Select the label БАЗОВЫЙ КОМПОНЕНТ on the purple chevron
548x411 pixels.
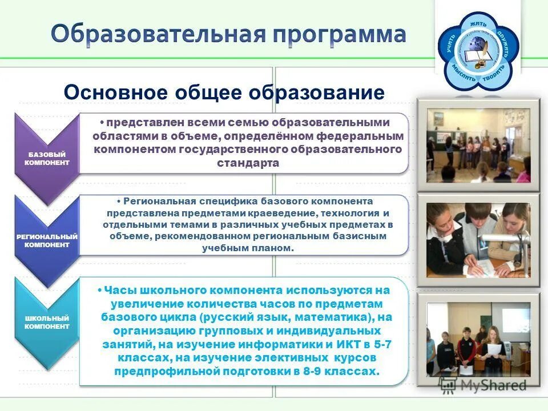click(x=47, y=159)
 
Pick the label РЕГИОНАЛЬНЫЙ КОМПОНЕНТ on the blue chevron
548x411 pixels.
click(x=47, y=240)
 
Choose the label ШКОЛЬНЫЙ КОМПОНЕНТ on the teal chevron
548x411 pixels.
click(x=47, y=322)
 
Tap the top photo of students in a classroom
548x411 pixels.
click(x=478, y=146)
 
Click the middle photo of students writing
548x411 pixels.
click(x=478, y=240)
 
